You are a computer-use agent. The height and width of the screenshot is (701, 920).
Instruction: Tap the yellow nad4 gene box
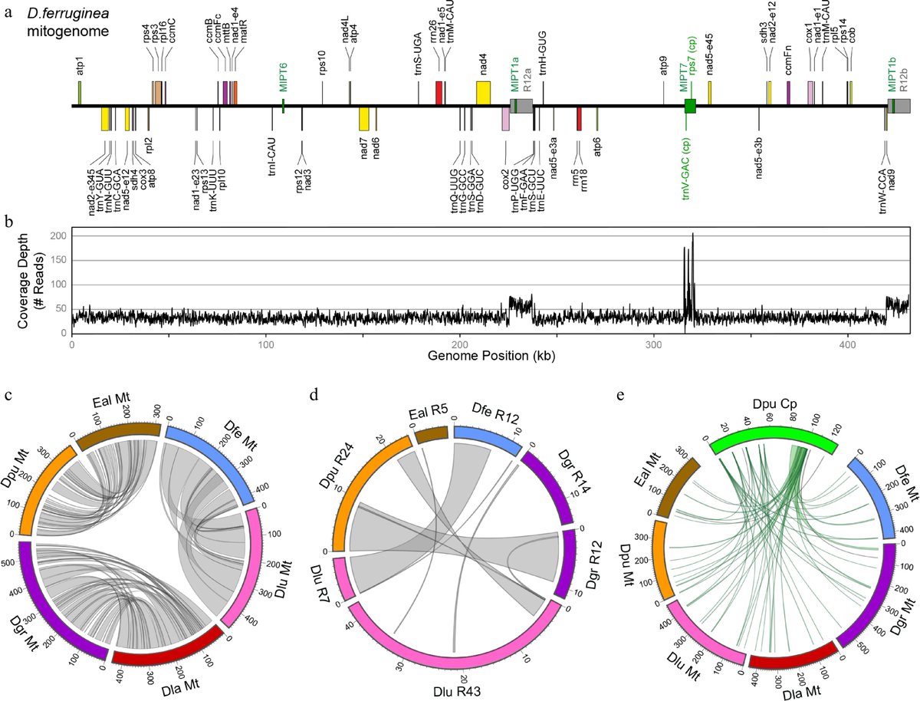point(483,93)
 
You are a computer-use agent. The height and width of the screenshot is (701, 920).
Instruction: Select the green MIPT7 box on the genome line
point(690,107)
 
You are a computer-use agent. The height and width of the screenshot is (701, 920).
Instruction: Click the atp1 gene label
point(80,67)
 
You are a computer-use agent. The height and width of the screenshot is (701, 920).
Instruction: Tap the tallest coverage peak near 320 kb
point(692,234)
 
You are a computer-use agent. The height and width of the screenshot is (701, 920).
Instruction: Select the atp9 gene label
point(663,65)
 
